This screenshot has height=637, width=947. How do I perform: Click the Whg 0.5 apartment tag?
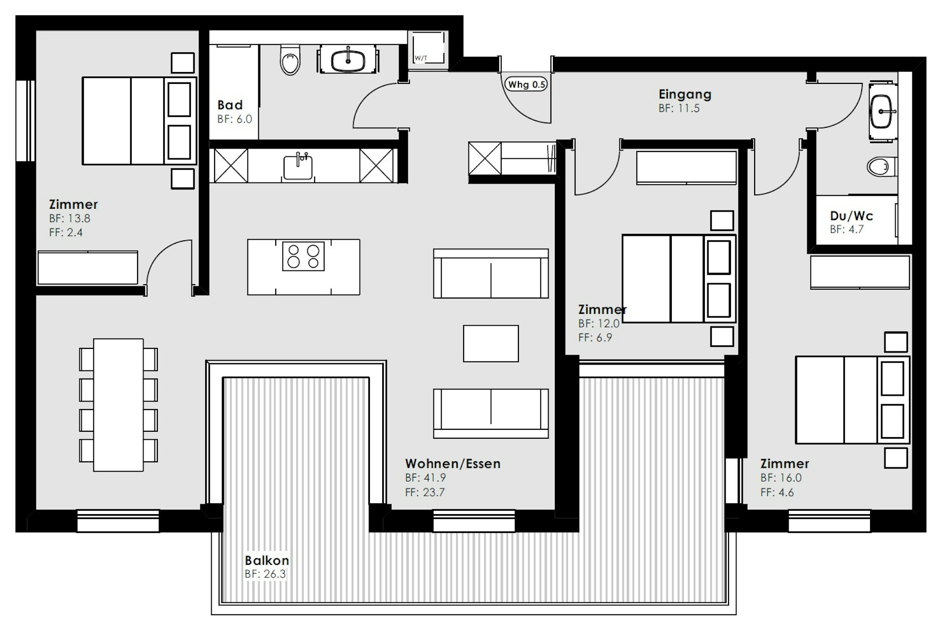[526, 84]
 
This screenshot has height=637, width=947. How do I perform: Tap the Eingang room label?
[685, 94]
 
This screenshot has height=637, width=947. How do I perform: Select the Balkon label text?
[267, 560]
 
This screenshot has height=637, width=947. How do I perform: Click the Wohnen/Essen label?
[453, 463]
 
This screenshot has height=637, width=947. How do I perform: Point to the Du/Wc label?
[851, 216]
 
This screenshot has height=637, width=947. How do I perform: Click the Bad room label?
[230, 105]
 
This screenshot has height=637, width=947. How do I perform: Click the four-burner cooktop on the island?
[303, 256]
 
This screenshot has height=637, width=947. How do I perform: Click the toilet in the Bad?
[290, 60]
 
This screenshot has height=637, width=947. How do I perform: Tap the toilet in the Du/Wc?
[881, 167]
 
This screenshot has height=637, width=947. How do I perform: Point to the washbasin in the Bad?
[348, 61]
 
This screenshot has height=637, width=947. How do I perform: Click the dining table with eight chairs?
[118, 405]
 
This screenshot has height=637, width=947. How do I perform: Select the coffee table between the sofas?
[491, 343]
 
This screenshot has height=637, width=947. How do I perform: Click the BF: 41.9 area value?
[426, 478]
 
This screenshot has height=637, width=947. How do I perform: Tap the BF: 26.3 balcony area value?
[265, 574]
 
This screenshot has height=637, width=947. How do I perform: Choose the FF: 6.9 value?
[595, 337]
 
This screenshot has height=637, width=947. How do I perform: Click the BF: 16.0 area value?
[781, 478]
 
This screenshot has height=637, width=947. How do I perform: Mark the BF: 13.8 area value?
[70, 218]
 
